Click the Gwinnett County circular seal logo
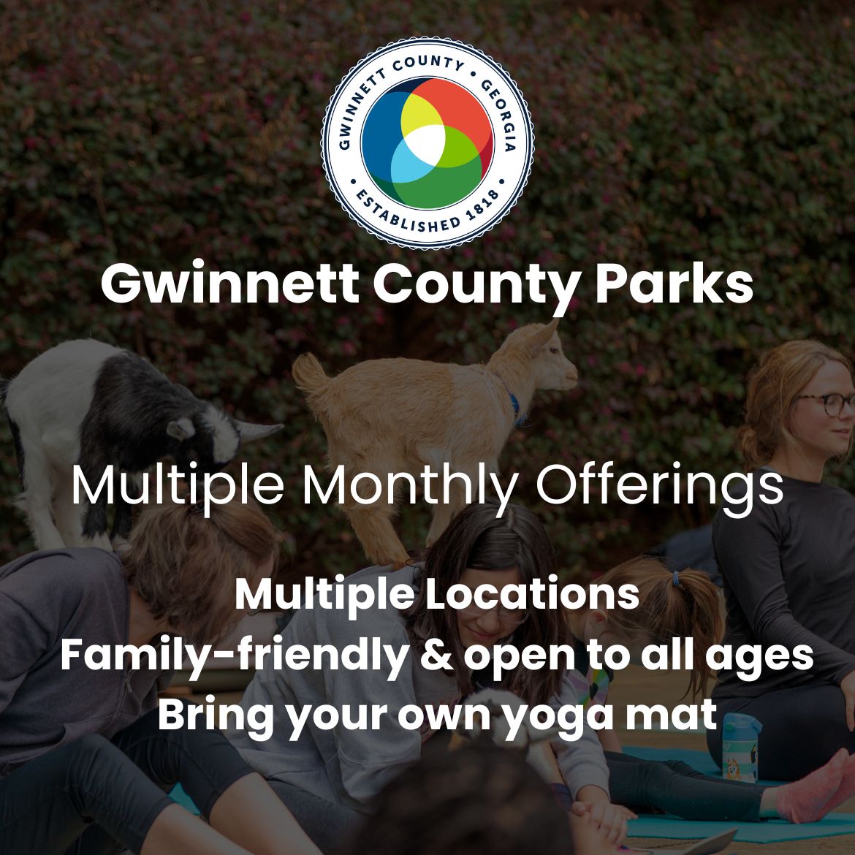click(x=427, y=142)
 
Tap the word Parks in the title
click(x=674, y=284)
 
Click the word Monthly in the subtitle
click(x=410, y=487)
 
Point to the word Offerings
click(x=660, y=485)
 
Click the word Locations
click(x=532, y=594)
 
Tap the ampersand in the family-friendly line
click(x=437, y=655)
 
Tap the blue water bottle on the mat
click(x=740, y=748)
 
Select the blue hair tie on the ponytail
click(x=676, y=579)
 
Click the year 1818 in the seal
click(x=482, y=206)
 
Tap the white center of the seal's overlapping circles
click(x=425, y=145)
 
